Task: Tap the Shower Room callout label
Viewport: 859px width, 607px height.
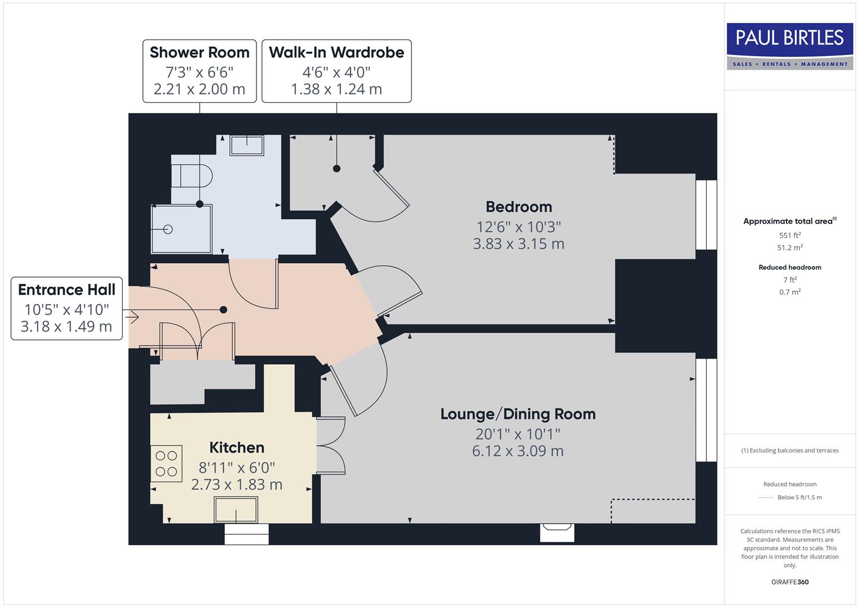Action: pos(199,71)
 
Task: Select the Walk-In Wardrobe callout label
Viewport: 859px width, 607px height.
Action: pos(336,71)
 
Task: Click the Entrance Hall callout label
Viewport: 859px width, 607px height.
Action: pos(66,308)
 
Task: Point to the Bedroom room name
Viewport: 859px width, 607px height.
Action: pos(519,207)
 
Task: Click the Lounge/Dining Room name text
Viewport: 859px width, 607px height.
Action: pos(518,414)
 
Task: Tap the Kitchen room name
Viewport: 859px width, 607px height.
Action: pos(236,447)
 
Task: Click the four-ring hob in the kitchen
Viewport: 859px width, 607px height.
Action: pos(167,464)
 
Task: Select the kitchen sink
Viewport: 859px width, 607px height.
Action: pos(236,510)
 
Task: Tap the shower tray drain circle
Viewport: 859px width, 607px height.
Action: pos(168,229)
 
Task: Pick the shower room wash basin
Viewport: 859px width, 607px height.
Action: pos(246,146)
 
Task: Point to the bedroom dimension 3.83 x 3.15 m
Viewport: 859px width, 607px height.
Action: pos(518,244)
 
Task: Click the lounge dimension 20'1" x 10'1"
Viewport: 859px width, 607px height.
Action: pos(518,434)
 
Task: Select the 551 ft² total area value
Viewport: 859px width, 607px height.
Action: pos(790,235)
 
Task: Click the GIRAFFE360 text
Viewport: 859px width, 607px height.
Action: pos(790,582)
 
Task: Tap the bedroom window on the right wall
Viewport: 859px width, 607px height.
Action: pos(706,215)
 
